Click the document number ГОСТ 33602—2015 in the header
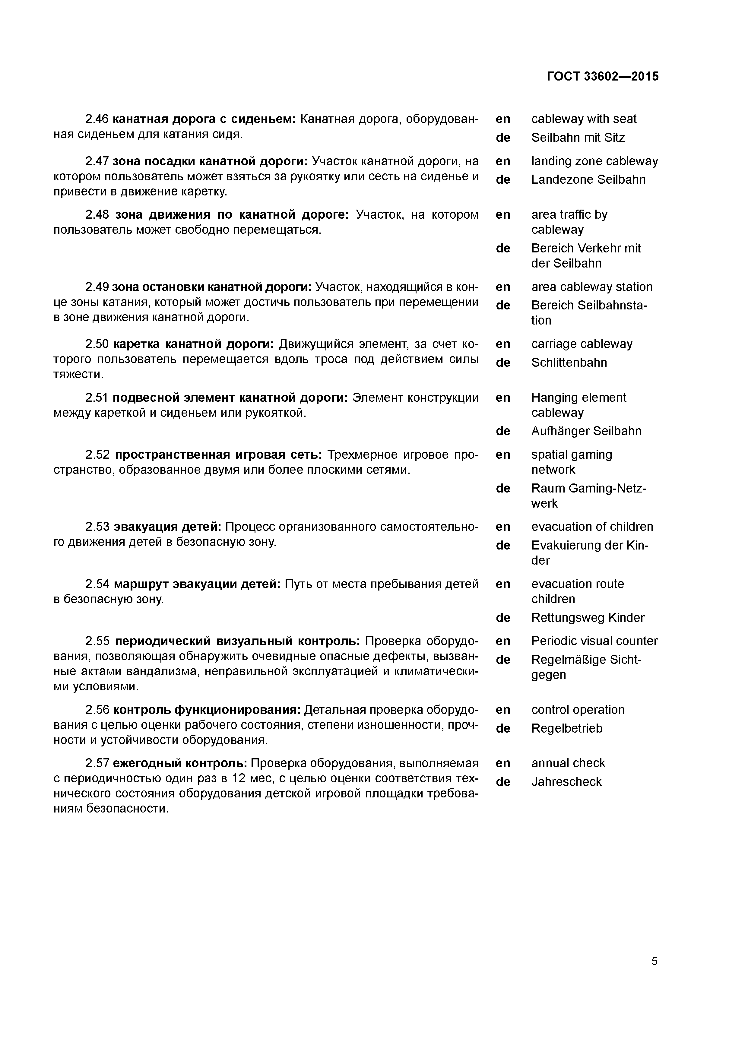603,77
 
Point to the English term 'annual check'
568,763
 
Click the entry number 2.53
97,527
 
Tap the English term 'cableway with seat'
583,119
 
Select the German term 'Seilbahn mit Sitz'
578,138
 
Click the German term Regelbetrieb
566,729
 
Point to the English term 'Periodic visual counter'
594,641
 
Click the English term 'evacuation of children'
592,527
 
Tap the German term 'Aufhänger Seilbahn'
586,431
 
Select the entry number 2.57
97,763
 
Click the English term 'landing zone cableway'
594,161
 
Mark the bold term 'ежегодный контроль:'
180,763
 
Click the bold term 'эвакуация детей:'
168,527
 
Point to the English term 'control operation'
578,710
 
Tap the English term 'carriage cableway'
582,344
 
